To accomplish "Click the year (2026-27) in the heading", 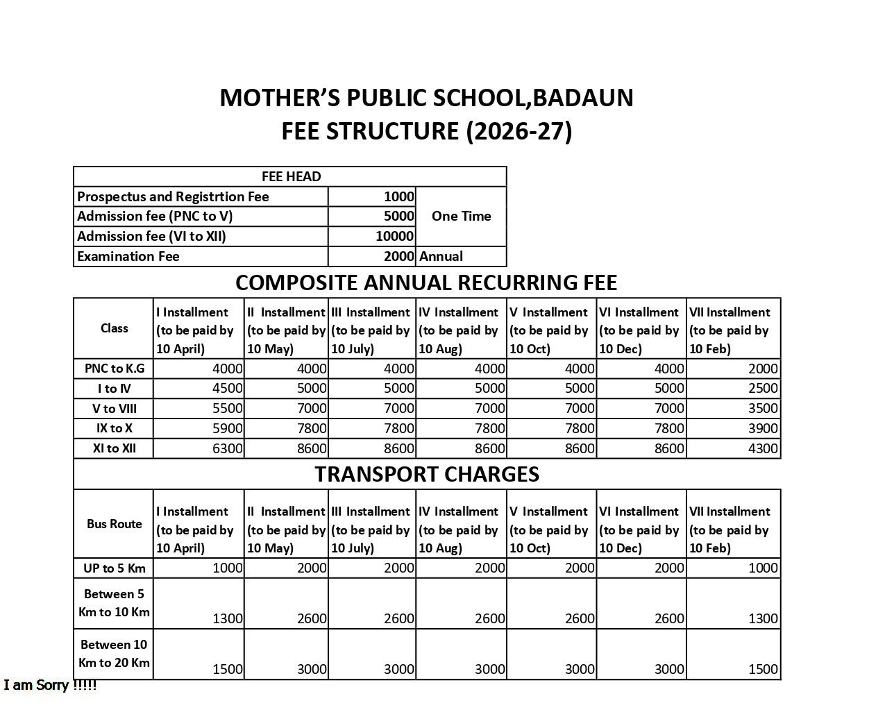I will pyautogui.click(x=519, y=131).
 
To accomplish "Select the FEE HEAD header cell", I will pyautogui.click(x=291, y=176).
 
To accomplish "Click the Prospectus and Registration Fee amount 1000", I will pyautogui.click(x=398, y=196).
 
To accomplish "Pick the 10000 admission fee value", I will pyautogui.click(x=394, y=236).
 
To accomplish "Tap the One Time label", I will pyautogui.click(x=461, y=216).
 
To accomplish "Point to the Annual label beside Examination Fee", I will pyautogui.click(x=441, y=256).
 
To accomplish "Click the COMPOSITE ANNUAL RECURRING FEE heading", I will pyautogui.click(x=426, y=282).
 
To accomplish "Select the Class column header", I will pyautogui.click(x=114, y=328).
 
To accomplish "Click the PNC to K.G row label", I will pyautogui.click(x=114, y=369).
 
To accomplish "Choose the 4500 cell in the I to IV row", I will pyautogui.click(x=228, y=388).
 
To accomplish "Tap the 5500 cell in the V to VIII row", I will pyautogui.click(x=228, y=408).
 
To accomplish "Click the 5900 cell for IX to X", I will pyautogui.click(x=228, y=428).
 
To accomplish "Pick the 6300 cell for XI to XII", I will pyautogui.click(x=228, y=448).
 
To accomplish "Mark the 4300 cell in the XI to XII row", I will pyautogui.click(x=762, y=448).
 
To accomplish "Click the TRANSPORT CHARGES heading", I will pyautogui.click(x=427, y=474).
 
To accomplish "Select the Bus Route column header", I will pyautogui.click(x=114, y=524).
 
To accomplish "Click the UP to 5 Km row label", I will pyautogui.click(x=114, y=568).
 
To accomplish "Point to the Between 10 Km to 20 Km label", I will pyautogui.click(x=114, y=654).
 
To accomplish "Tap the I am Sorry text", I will pyautogui.click(x=50, y=686).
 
